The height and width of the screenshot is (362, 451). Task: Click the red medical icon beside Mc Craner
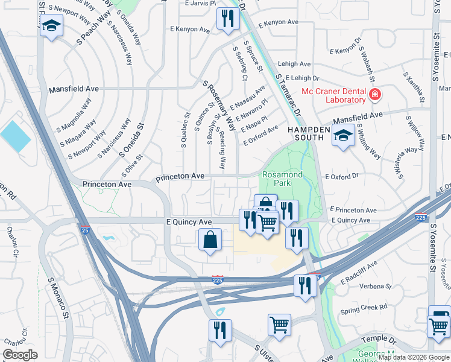point(375,95)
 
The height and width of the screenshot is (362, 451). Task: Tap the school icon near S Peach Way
point(52,26)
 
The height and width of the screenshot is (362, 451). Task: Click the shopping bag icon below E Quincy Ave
point(209,240)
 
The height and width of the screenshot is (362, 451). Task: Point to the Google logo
point(20,355)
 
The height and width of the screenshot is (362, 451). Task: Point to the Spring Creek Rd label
point(364,308)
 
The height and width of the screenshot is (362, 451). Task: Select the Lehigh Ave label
point(294,64)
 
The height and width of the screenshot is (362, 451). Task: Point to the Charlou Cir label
point(10,241)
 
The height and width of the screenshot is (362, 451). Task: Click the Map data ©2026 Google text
point(412,357)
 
